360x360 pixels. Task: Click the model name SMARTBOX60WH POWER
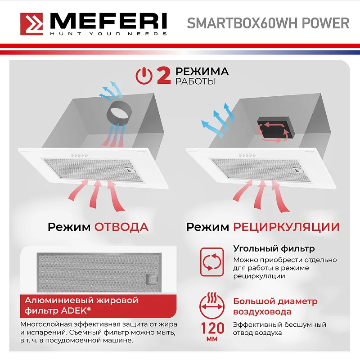click(268, 23)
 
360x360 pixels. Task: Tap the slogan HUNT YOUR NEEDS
click(108, 34)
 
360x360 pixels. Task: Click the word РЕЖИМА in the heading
click(202, 72)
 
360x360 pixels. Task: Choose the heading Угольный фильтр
click(274, 248)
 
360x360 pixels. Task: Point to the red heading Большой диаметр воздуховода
click(275, 306)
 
